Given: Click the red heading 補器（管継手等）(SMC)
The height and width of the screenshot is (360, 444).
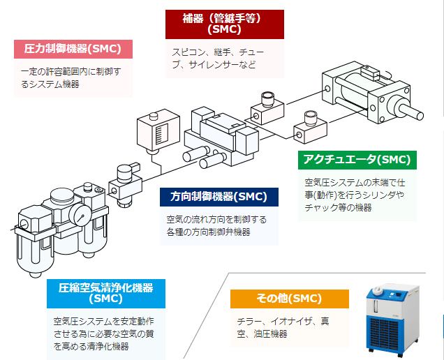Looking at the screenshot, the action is click(x=225, y=24).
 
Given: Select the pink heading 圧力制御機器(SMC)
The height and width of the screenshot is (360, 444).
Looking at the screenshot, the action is click(x=73, y=49).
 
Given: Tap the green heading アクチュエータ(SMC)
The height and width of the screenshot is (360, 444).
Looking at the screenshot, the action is click(x=357, y=160).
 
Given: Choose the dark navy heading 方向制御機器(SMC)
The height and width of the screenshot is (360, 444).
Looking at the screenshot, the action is click(x=219, y=197).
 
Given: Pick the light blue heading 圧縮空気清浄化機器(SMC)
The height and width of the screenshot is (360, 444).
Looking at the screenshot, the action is click(x=106, y=294).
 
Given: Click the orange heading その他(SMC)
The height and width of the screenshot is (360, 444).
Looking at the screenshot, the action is click(x=290, y=299).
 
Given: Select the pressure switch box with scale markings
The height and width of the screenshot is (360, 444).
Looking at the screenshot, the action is click(x=158, y=132).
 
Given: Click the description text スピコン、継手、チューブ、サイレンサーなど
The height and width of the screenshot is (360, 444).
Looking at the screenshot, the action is click(x=218, y=59).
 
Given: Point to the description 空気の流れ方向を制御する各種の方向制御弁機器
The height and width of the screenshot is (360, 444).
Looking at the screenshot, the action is click(x=216, y=226).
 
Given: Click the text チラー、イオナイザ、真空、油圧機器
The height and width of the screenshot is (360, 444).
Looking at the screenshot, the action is click(x=283, y=327).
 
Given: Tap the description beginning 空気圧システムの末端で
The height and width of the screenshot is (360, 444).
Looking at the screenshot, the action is click(x=355, y=195).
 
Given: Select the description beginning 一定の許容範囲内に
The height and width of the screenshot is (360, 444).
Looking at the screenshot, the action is click(x=71, y=78).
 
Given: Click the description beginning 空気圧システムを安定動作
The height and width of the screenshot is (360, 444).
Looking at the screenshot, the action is click(x=103, y=333).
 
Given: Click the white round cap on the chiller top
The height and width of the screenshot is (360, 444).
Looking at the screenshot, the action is click(x=378, y=290).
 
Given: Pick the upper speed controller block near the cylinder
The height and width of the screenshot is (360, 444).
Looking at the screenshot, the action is click(x=267, y=110).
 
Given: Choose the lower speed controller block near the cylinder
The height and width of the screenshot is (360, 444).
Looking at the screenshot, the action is click(x=310, y=128).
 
